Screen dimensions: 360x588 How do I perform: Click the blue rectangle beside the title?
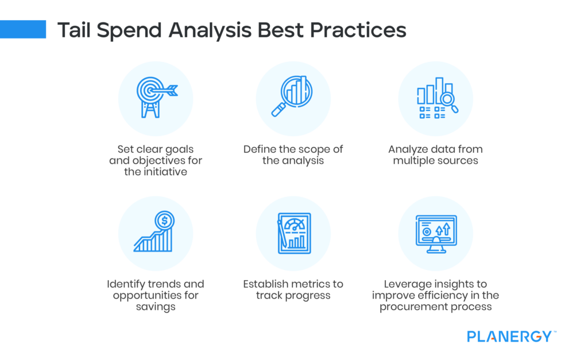coord(23,29)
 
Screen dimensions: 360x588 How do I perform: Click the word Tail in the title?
coord(75,30)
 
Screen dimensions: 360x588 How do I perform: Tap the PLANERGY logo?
coord(509,336)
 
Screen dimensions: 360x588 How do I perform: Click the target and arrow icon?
coord(155,98)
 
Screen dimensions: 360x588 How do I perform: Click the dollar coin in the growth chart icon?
coord(165,219)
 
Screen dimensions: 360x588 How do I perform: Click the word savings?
coord(156,307)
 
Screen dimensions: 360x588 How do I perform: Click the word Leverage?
coord(407,284)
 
